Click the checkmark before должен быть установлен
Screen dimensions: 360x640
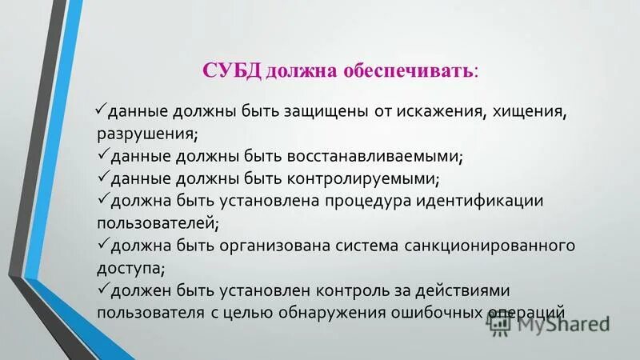point(102,286)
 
